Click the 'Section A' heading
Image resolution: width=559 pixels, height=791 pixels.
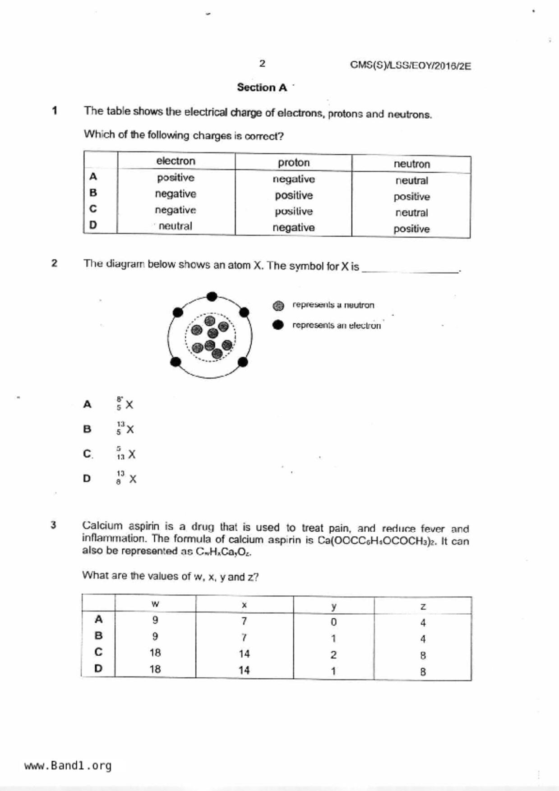coord(262,87)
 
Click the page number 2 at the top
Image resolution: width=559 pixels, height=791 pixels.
coord(262,64)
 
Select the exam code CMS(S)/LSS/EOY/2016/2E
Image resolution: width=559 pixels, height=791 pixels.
coord(410,66)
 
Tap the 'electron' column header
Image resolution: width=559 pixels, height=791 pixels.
coord(176,161)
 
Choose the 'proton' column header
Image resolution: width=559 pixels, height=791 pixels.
coord(293,162)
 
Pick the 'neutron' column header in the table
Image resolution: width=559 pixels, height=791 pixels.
coord(411,164)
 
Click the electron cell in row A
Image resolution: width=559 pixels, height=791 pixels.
coord(176,178)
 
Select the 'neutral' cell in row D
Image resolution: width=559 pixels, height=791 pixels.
coord(176,226)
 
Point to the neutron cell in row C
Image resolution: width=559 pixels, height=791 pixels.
coord(411,212)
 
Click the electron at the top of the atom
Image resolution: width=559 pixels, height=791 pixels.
coord(212,296)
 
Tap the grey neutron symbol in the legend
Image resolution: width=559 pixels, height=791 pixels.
coord(278,306)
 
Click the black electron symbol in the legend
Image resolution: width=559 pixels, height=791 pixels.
coord(278,325)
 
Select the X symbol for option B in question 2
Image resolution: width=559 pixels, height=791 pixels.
coord(130,429)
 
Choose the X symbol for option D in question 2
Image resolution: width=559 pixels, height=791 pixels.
coord(133,479)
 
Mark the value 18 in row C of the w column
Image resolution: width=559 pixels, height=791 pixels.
coord(155,653)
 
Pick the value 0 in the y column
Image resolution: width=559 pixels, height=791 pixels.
coord(333,622)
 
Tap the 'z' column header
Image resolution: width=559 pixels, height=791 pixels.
coord(423,607)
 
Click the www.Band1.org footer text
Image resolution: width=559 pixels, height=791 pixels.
coord(68,766)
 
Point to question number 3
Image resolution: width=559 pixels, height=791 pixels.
coord(54,525)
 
